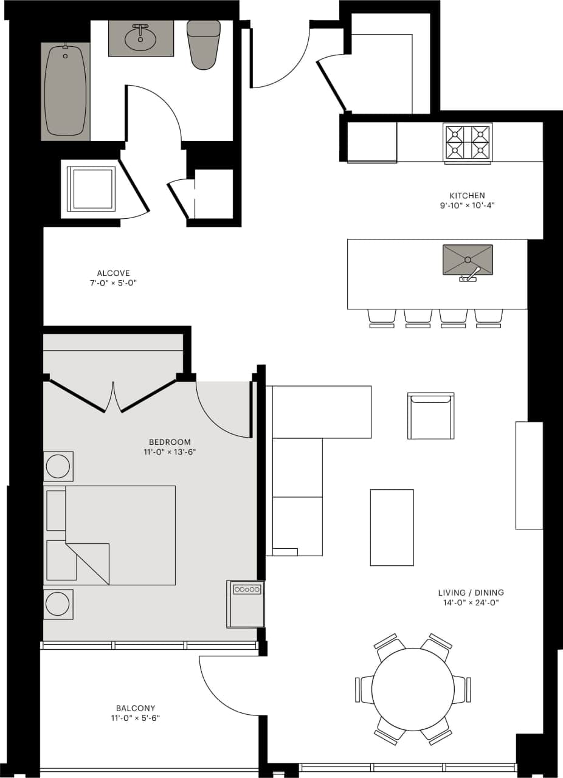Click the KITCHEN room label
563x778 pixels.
pyautogui.click(x=467, y=196)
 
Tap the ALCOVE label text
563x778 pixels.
pyautogui.click(x=113, y=274)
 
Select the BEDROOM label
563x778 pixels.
pyautogui.click(x=170, y=442)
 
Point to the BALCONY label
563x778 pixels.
pyautogui.click(x=136, y=708)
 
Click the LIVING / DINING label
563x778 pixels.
pyautogui.click(x=471, y=593)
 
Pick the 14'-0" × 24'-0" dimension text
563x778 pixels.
pyautogui.click(x=471, y=603)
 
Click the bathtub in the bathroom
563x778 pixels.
pyautogui.click(x=65, y=91)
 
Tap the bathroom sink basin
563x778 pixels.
pyautogui.click(x=140, y=40)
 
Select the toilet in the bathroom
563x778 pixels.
pyautogui.click(x=204, y=44)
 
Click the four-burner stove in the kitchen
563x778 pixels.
pyautogui.click(x=467, y=143)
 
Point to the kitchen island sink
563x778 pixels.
pyautogui.click(x=468, y=260)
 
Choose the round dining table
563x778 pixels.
pyautogui.click(x=413, y=689)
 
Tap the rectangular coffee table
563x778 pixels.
pyautogui.click(x=392, y=527)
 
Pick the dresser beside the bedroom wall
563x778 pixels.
pyautogui.click(x=246, y=604)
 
